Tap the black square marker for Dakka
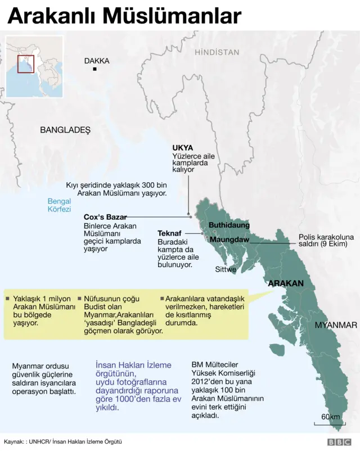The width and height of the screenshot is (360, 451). click(x=95, y=69)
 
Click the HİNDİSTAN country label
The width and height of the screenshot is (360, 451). click(x=217, y=52)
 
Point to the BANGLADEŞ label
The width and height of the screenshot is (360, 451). click(x=65, y=130)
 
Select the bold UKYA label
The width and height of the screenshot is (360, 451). click(x=182, y=148)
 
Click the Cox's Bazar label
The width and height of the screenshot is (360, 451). click(x=105, y=217)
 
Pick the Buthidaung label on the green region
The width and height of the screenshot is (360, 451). click(x=229, y=225)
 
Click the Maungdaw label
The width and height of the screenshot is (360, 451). click(x=229, y=240)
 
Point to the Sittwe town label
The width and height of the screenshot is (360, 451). click(x=226, y=269)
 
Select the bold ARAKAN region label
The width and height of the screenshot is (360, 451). click(x=286, y=283)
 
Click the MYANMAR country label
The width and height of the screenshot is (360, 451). click(x=335, y=325)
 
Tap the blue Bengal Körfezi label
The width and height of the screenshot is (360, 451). click(x=59, y=205)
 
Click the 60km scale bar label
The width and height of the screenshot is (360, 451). click(x=331, y=417)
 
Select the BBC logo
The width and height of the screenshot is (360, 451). click(x=339, y=442)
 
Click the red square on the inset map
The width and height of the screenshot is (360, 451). click(x=26, y=64)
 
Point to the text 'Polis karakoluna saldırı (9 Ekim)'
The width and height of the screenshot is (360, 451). click(x=326, y=240)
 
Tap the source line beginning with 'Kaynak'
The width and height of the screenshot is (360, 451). click(x=63, y=441)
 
